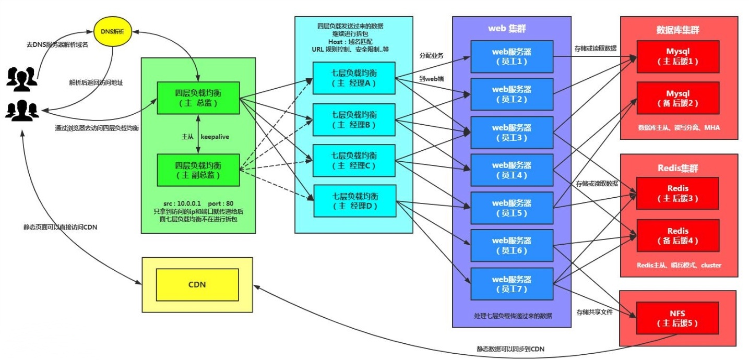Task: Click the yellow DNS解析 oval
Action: (113, 31)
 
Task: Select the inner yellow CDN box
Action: (197, 284)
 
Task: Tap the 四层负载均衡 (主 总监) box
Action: (198, 98)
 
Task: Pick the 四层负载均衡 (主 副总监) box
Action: (198, 170)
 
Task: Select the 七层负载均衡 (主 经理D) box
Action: (355, 201)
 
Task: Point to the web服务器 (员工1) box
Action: (512, 56)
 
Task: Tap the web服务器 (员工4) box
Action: (512, 170)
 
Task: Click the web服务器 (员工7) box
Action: (512, 284)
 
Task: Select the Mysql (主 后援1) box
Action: (678, 56)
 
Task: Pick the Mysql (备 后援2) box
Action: (678, 98)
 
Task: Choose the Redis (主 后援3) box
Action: (678, 194)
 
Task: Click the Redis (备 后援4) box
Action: (678, 236)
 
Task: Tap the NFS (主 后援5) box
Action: (678, 318)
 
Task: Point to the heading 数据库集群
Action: (677, 30)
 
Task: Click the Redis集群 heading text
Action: (677, 168)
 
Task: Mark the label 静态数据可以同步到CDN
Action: (511, 349)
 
